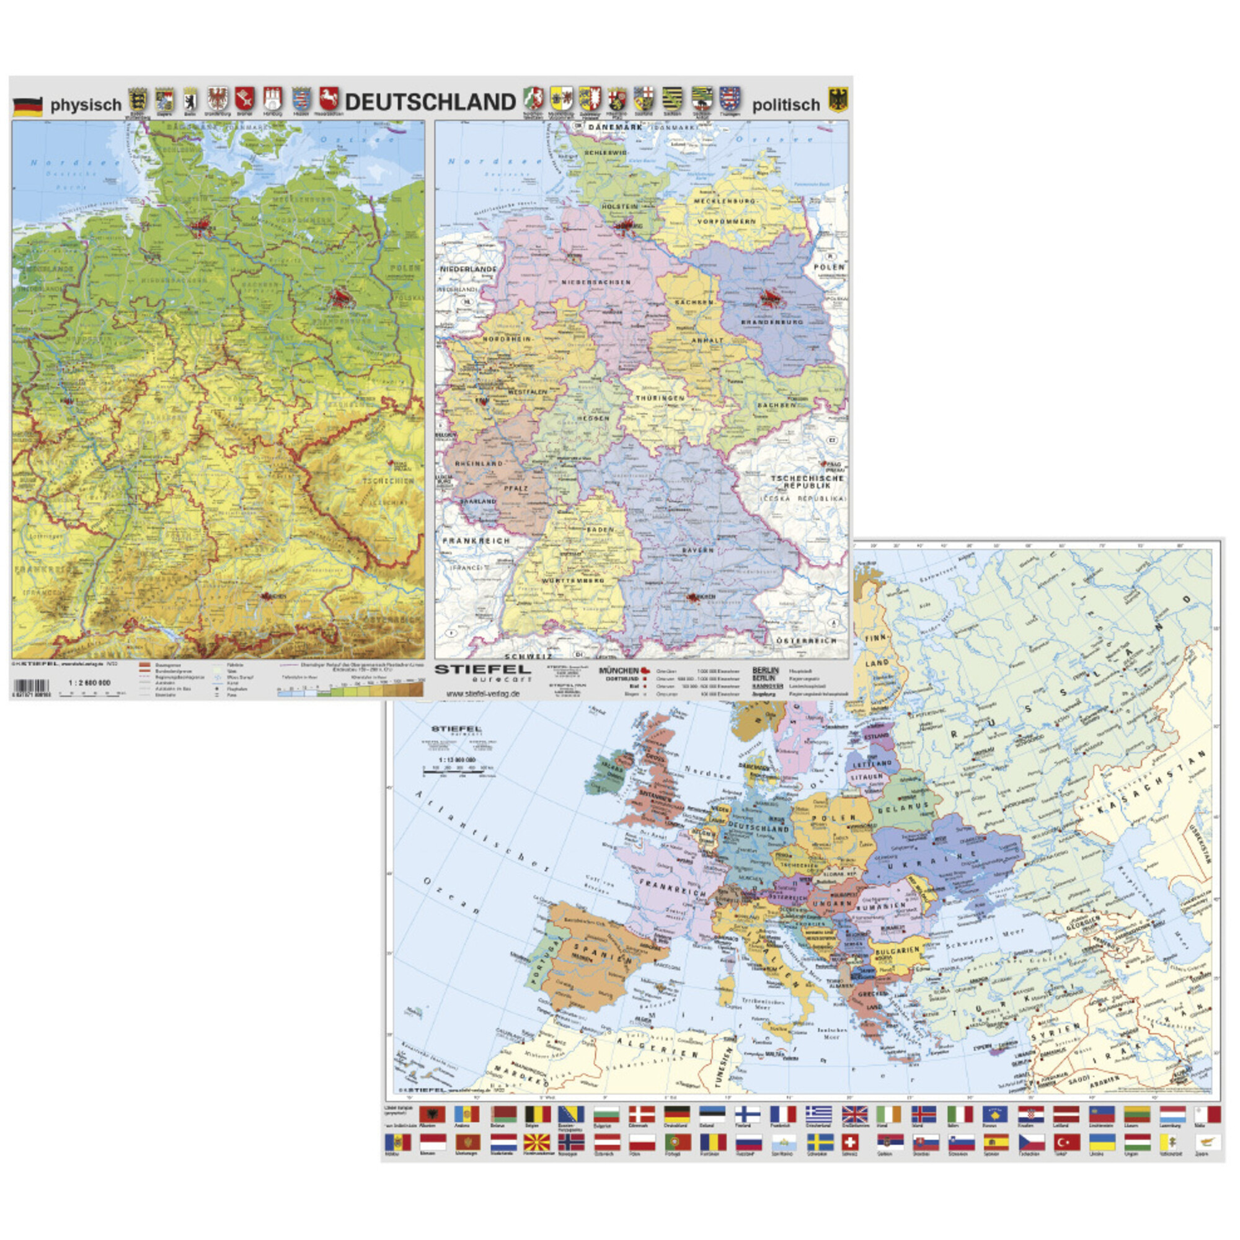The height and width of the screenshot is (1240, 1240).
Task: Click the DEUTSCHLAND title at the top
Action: tap(430, 103)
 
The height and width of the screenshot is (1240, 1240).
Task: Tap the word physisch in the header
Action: tap(86, 105)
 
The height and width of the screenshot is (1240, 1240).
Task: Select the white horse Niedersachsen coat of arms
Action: tap(329, 98)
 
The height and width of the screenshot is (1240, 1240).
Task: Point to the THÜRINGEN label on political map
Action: tap(660, 398)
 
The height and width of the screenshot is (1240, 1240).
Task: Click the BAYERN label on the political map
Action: tap(697, 550)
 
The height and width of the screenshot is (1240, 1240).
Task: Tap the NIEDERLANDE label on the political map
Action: tap(469, 269)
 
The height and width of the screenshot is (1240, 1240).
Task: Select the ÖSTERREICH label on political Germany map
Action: tap(806, 640)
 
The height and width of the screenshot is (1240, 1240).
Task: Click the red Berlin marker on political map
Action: tap(769, 297)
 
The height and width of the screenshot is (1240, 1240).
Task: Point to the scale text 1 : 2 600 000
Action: tap(89, 683)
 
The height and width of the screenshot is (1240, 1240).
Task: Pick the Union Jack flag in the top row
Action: tap(854, 1114)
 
